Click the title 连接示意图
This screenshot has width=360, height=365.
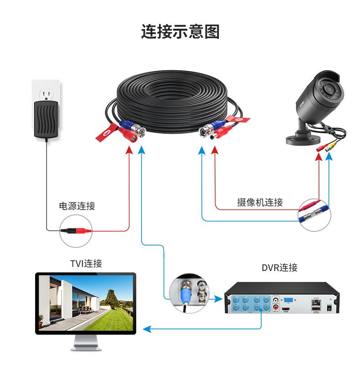pyautogui.click(x=180, y=32)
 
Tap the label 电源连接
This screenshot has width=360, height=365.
pyautogui.click(x=77, y=206)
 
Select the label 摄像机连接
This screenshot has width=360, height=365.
pyautogui.click(x=260, y=202)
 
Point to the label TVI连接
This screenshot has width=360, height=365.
pyautogui.click(x=86, y=263)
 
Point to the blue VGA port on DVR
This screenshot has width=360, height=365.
pyautogui.click(x=288, y=300)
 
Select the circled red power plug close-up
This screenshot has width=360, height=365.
pyautogui.click(x=76, y=231)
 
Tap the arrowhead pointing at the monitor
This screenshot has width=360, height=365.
pyautogui.click(x=145, y=328)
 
